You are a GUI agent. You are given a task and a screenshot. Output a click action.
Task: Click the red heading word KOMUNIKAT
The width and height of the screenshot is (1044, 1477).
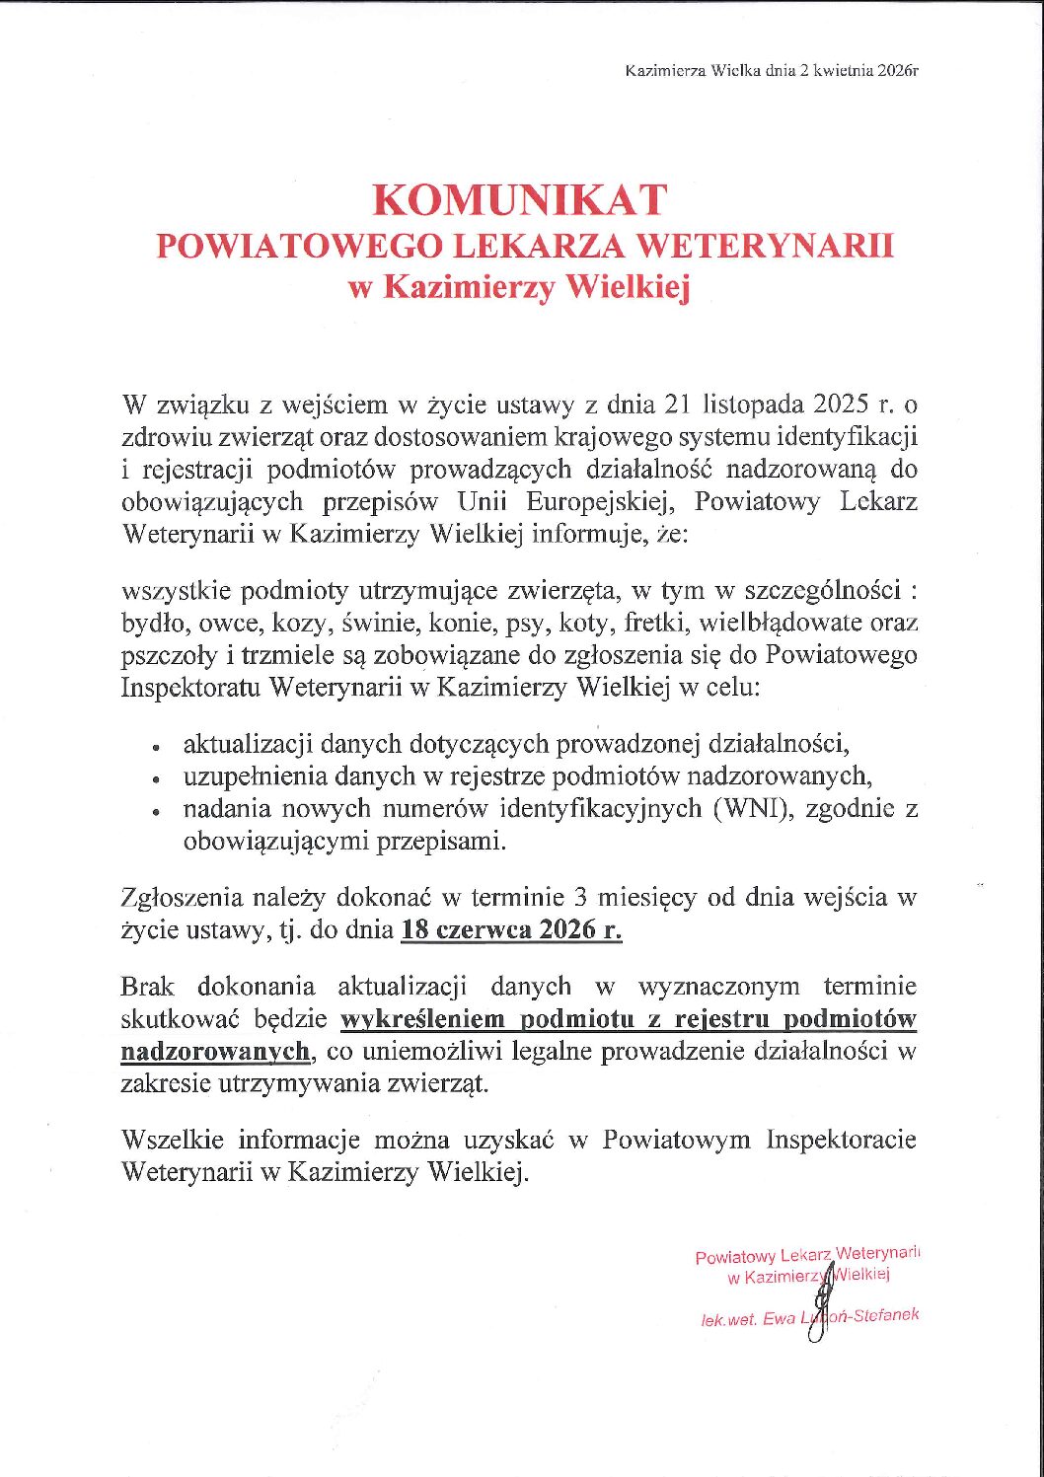(x=520, y=200)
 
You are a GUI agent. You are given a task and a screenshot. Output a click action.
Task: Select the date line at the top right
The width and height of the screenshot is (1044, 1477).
(x=772, y=71)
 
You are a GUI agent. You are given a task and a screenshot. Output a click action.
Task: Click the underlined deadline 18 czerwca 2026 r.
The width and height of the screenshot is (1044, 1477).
(x=511, y=930)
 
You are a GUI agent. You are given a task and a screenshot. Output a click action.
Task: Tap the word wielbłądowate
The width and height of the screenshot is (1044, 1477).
(x=782, y=623)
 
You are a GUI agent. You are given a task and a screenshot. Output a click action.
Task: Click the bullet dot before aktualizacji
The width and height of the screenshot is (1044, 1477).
(x=156, y=748)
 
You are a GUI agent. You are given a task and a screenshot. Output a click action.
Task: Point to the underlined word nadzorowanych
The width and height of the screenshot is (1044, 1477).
(x=215, y=1052)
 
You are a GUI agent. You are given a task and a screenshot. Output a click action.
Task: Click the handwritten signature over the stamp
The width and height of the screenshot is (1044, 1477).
(x=819, y=1302)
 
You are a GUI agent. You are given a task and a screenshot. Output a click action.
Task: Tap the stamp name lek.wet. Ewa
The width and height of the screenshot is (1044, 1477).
(x=748, y=1319)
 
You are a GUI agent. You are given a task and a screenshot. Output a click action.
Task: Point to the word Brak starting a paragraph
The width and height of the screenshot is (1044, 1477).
(x=148, y=987)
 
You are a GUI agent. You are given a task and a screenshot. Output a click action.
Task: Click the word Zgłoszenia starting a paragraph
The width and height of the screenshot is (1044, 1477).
(x=182, y=898)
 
